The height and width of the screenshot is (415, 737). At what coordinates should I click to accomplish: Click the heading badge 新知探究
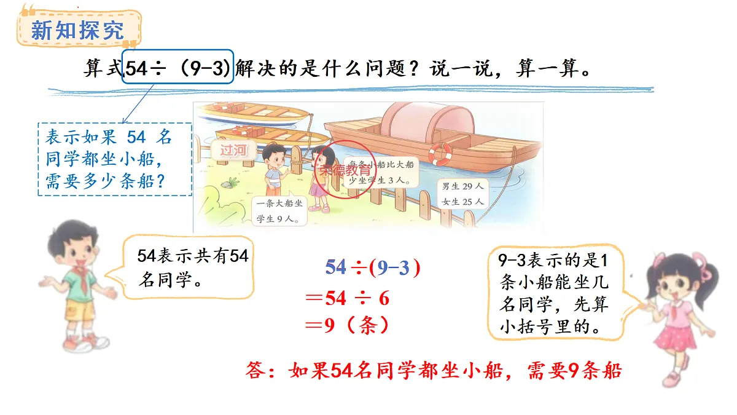[x=77, y=29]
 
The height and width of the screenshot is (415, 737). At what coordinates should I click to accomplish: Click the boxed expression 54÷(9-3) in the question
[x=178, y=67]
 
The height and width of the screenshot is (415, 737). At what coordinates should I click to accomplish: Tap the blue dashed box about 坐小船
[x=115, y=159]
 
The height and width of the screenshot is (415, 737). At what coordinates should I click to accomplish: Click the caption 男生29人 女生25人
[x=462, y=193]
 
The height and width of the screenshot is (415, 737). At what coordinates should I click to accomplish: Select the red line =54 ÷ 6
[x=348, y=299]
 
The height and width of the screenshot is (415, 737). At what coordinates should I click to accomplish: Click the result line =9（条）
[x=348, y=325]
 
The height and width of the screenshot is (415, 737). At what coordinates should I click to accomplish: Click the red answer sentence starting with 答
[x=434, y=371]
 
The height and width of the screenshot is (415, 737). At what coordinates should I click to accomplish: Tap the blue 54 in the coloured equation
[x=336, y=267]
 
